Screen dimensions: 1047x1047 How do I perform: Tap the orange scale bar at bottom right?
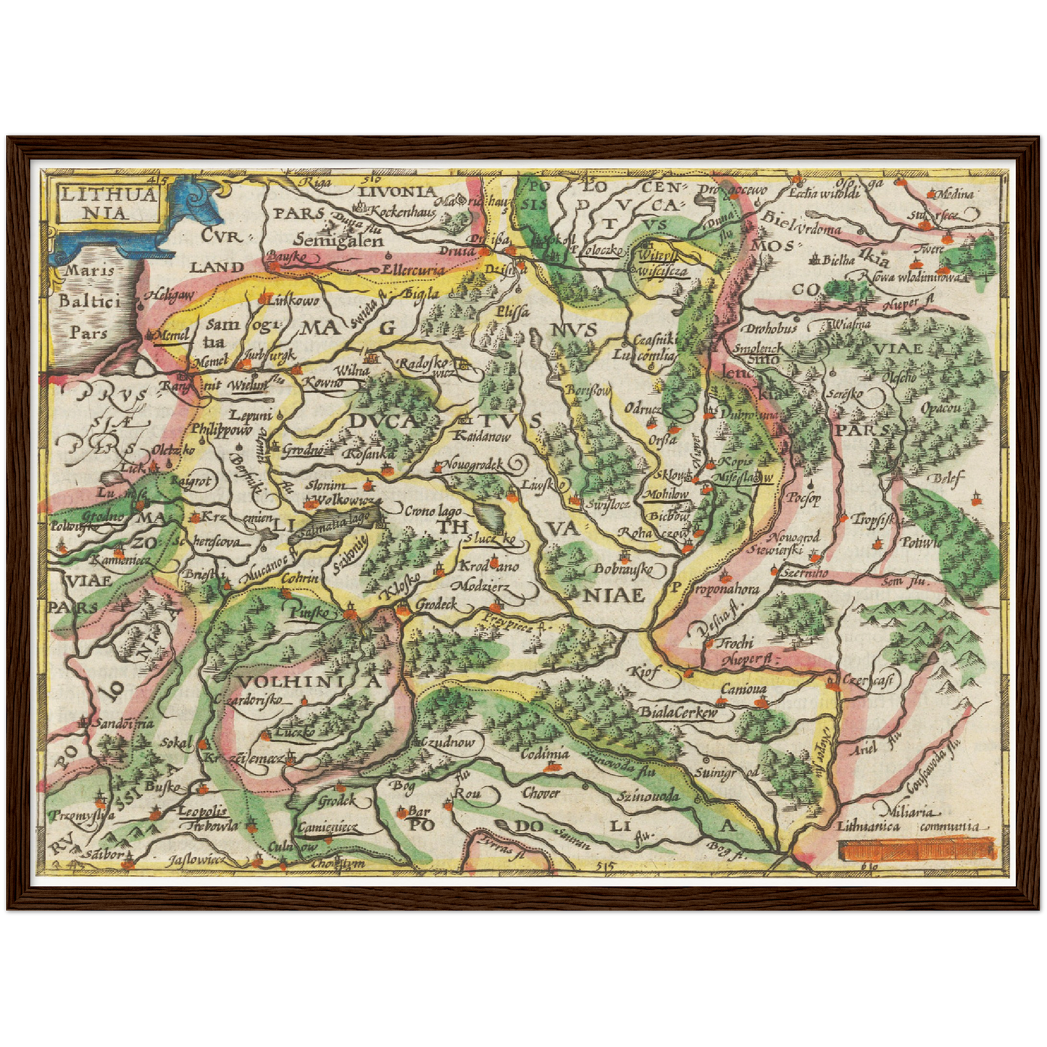[x=914, y=848]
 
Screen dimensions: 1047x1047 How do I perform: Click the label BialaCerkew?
[x=678, y=712]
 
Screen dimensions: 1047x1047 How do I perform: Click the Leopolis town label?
[x=202, y=812]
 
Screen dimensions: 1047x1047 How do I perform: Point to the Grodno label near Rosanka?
[x=302, y=450]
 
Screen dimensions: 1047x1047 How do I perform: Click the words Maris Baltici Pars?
[x=90, y=301]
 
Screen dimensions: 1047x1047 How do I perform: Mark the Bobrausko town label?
[x=623, y=570]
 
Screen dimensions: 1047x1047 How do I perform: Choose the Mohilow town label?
[x=666, y=494]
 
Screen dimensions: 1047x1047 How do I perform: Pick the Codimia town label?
[x=546, y=754]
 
